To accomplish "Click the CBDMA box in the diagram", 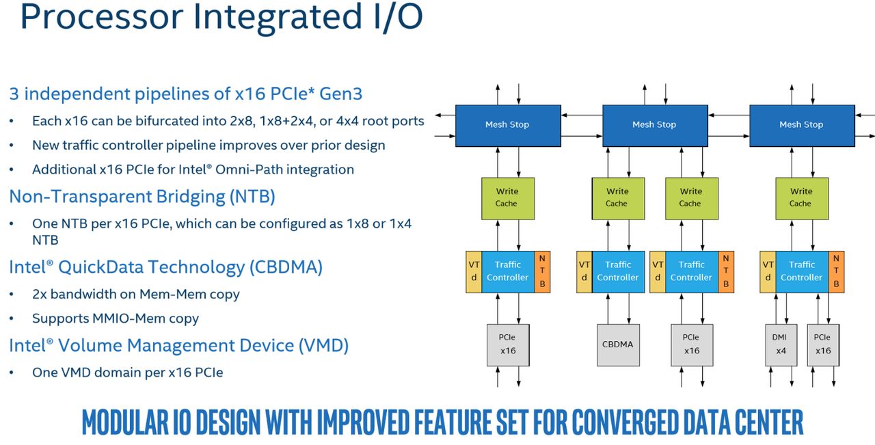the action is point(619,345).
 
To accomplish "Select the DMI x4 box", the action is point(781,345).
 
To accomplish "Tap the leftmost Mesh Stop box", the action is point(508,126).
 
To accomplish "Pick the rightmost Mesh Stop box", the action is point(803,126).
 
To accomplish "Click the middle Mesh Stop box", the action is point(655,126).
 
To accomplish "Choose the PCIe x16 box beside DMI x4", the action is point(823,345).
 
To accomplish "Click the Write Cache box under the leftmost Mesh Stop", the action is point(508,198).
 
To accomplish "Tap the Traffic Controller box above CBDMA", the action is point(619,272).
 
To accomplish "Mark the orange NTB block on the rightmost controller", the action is point(836,272).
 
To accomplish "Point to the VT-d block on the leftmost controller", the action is point(474,272).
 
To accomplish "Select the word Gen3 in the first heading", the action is point(341,94).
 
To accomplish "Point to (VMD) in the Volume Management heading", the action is point(324,346).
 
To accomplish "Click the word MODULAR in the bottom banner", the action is point(125,422).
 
